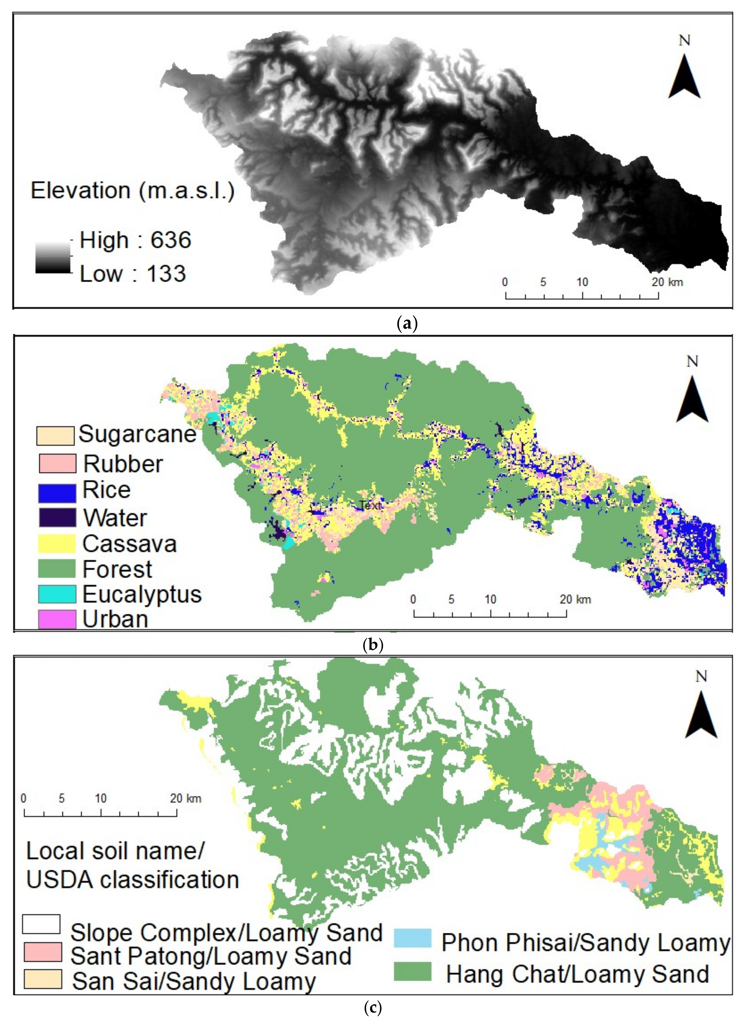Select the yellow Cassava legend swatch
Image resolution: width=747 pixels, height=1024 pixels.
click(57, 543)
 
